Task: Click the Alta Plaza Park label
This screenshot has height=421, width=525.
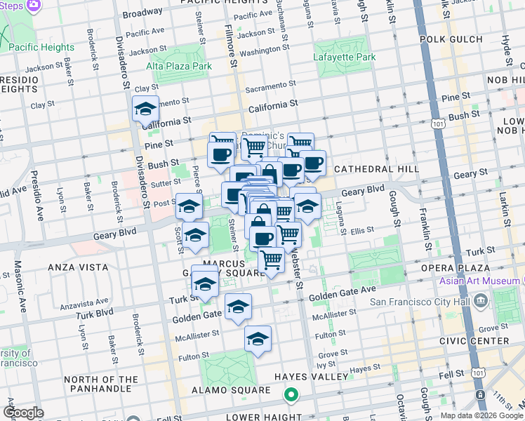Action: (x=178, y=66)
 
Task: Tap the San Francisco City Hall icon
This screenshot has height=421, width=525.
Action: (x=481, y=302)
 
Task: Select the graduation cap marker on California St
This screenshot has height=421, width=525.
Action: (x=145, y=109)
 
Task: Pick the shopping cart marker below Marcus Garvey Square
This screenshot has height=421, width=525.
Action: (x=271, y=260)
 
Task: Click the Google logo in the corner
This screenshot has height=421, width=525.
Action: (x=23, y=413)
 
